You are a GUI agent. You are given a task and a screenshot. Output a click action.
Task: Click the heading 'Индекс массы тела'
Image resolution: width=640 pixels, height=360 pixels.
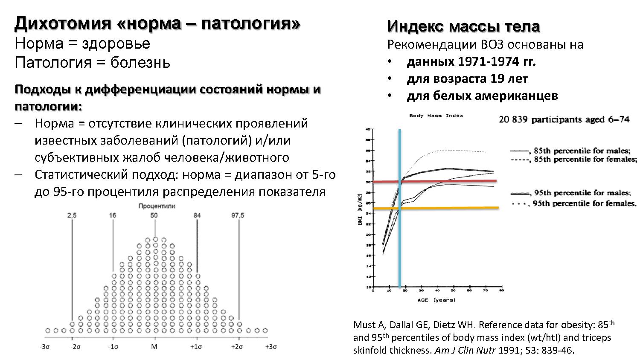(x=463, y=26)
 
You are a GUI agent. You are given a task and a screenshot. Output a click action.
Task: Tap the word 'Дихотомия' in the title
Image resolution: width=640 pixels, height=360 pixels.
(x=62, y=23)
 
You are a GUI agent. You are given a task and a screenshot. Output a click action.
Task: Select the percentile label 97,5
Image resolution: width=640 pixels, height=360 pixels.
(x=238, y=215)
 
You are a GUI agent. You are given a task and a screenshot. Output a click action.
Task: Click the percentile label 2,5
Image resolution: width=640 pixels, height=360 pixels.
(x=72, y=215)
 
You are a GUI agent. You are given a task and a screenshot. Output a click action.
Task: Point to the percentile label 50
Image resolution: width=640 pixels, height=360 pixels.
(x=154, y=215)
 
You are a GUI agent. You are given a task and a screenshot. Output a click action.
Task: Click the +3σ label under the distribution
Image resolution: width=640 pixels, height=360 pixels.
(x=271, y=347)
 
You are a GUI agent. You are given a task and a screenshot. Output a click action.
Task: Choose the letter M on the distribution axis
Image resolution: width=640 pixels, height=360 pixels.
(x=154, y=347)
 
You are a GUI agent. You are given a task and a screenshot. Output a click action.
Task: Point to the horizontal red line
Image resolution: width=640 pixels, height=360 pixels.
(x=448, y=181)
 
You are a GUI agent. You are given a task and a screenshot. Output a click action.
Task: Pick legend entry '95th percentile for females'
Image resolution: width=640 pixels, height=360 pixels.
(x=585, y=203)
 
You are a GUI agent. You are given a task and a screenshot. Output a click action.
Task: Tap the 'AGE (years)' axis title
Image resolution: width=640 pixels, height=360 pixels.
(x=436, y=300)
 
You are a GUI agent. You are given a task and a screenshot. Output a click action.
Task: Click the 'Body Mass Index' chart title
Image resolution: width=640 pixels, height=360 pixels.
(x=436, y=116)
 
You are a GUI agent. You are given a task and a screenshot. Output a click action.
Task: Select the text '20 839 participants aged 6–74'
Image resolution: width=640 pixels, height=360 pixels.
(x=564, y=119)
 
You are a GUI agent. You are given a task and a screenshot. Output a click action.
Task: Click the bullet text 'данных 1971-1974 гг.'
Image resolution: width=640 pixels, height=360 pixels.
(x=471, y=62)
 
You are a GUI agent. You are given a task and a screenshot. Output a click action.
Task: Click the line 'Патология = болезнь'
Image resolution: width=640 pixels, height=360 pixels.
(x=92, y=63)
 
